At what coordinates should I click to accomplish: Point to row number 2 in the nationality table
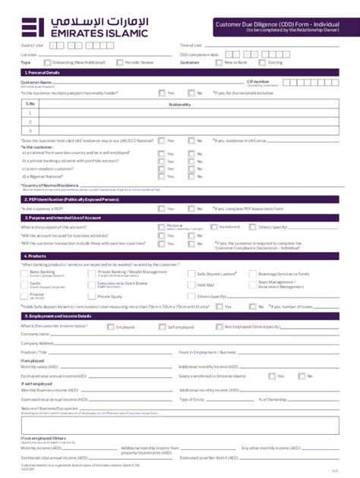[30, 121]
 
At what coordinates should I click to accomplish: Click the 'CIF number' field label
[257, 80]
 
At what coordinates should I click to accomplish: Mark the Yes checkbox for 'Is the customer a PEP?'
[162, 207]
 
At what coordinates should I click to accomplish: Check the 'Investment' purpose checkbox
[214, 227]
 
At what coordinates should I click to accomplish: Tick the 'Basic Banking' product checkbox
[25, 272]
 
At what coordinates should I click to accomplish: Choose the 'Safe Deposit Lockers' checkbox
[192, 272]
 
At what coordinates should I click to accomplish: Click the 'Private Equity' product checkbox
[93, 296]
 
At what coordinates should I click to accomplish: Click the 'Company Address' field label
[37, 343]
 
